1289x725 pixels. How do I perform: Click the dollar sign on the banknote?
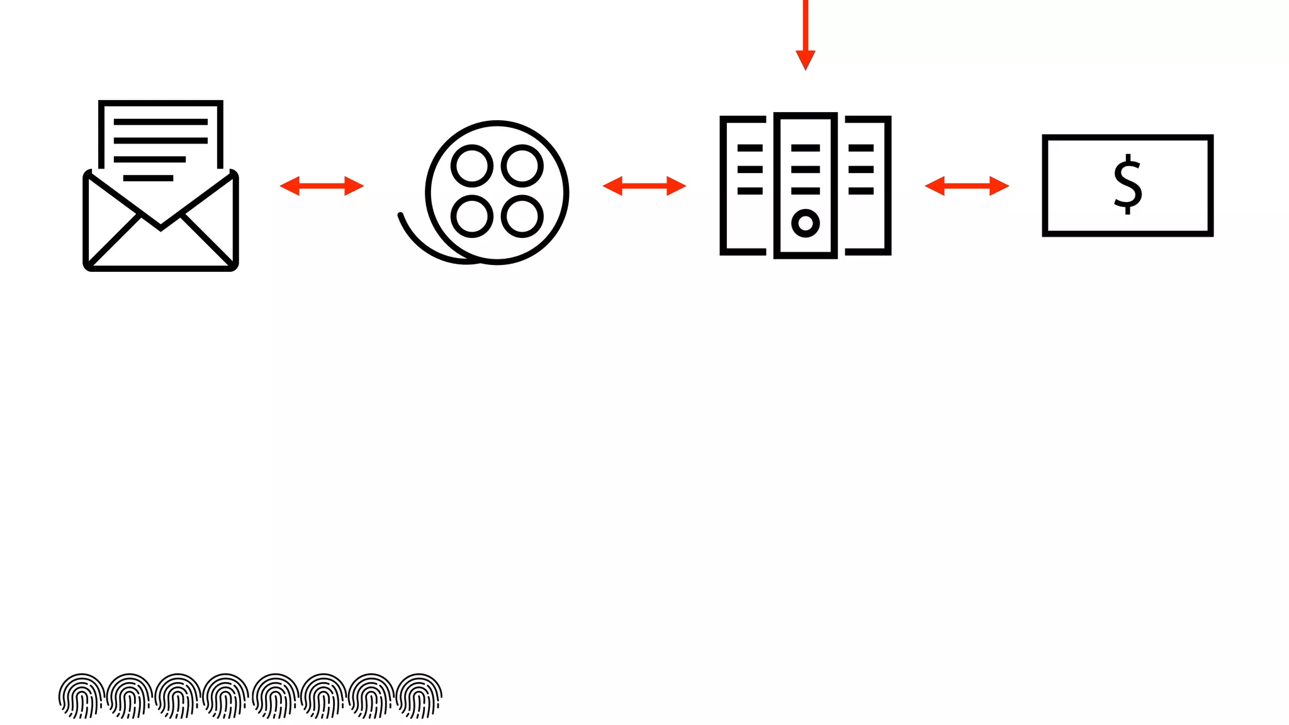(x=1127, y=184)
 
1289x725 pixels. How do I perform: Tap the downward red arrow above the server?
(x=805, y=38)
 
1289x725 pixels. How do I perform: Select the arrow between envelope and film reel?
(x=322, y=186)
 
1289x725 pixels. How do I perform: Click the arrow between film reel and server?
(x=644, y=186)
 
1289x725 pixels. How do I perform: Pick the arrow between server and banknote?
(x=967, y=186)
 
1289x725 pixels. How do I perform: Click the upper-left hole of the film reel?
(x=471, y=166)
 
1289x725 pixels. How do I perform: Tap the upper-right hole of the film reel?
(x=522, y=166)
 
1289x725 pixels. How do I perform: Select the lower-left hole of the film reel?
(x=471, y=216)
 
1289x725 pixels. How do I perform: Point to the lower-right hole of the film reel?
(x=522, y=216)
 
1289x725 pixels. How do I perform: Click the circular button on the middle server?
(x=805, y=223)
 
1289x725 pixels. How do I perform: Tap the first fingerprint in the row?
(x=81, y=696)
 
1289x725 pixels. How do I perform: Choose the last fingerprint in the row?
(x=419, y=696)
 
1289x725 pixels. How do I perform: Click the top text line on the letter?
(x=160, y=122)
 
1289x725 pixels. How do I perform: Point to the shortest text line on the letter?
(x=148, y=178)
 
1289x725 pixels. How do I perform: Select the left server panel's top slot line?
(x=750, y=148)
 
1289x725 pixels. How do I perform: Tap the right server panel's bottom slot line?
(x=860, y=191)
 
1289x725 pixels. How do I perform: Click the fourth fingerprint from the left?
(x=226, y=696)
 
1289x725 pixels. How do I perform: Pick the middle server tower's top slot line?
(x=805, y=148)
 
